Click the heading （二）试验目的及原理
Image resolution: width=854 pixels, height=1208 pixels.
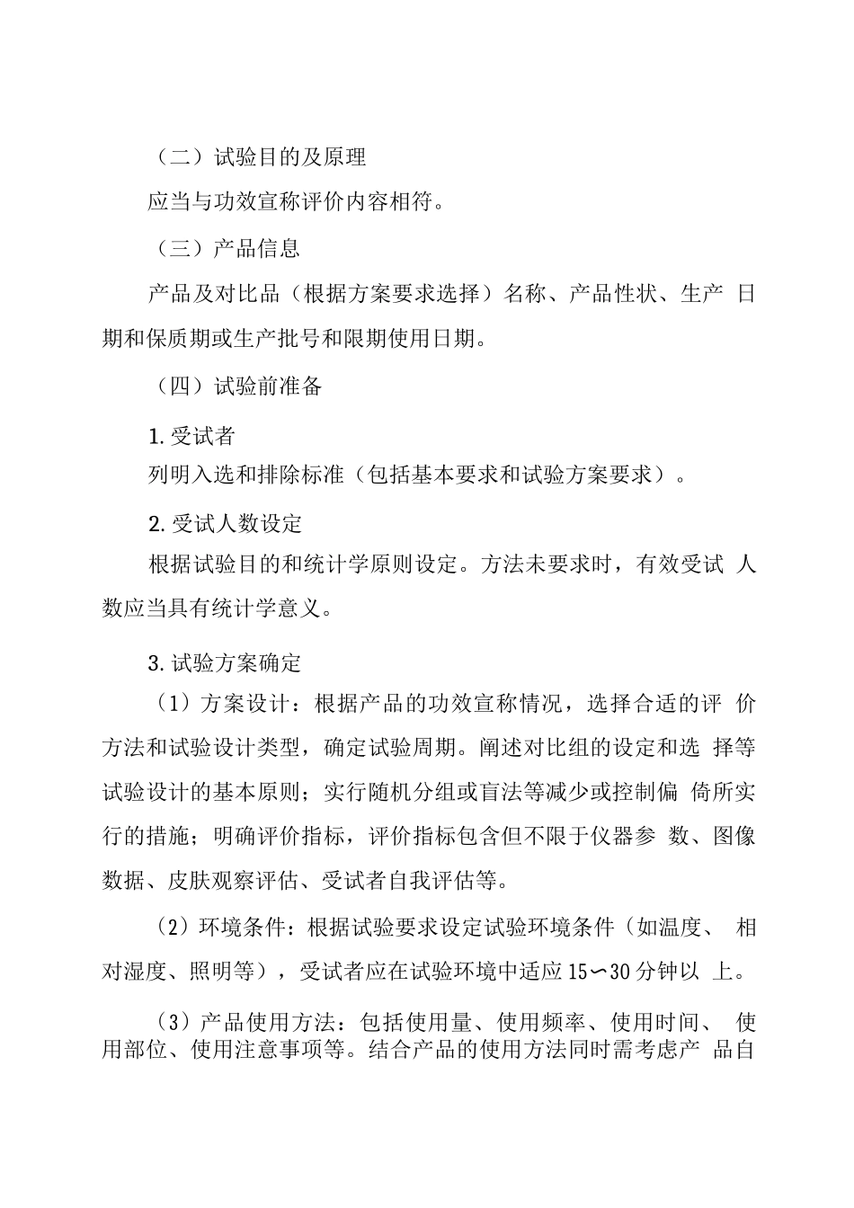pyautogui.click(x=256, y=157)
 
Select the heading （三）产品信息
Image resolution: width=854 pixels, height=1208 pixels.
pyautogui.click(x=224, y=248)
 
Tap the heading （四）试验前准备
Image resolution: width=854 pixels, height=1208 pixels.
pyautogui.click(x=235, y=386)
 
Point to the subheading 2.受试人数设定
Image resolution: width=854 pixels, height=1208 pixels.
pyautogui.click(x=225, y=523)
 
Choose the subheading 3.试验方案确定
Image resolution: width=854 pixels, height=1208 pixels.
pyautogui.click(x=225, y=664)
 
